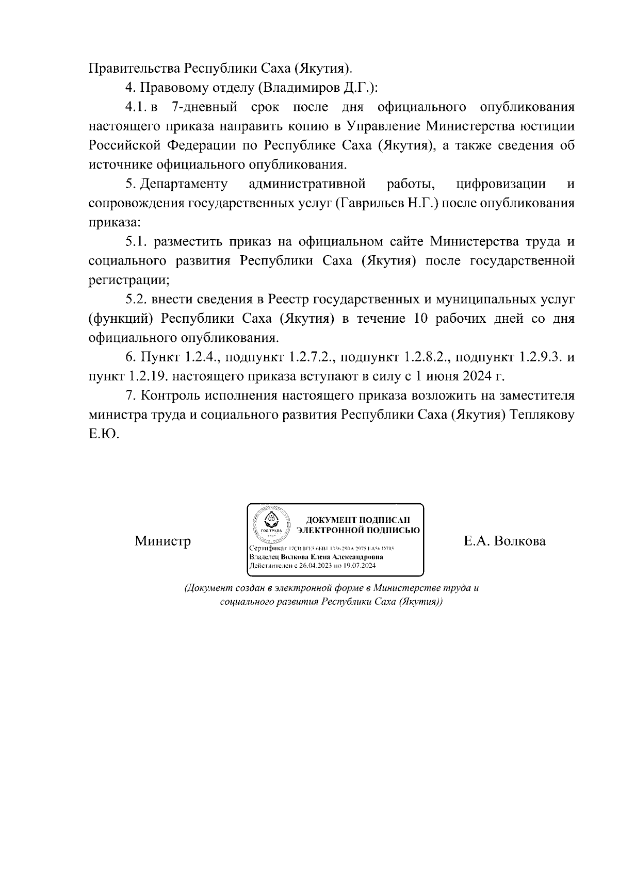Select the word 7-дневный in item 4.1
pos(204,107)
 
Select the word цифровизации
pos(501,184)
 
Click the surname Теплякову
pos(542,415)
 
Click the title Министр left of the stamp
pos(162,541)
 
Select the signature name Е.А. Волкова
pos(504,541)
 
